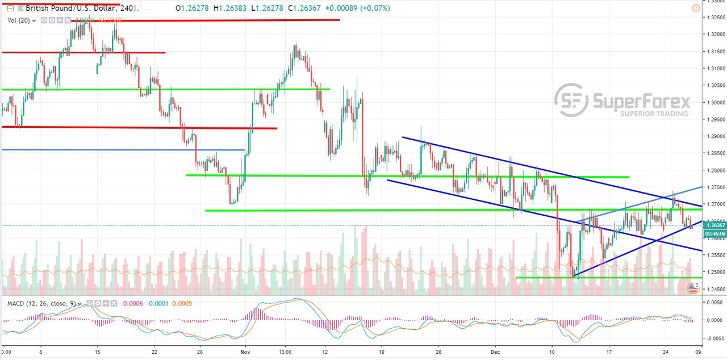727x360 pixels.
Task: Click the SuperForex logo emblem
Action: (x=571, y=101)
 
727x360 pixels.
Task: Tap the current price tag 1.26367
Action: (x=715, y=225)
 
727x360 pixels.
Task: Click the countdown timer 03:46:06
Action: (x=714, y=233)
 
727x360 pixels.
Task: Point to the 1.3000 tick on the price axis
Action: (x=715, y=102)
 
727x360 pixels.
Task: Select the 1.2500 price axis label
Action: (x=715, y=272)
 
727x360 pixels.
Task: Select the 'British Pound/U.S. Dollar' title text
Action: (x=72, y=9)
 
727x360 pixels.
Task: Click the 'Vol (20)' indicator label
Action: (x=19, y=20)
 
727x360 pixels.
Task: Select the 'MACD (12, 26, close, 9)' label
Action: (x=41, y=303)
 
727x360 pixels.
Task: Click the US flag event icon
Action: (x=692, y=288)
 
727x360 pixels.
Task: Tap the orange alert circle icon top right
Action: (x=696, y=9)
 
